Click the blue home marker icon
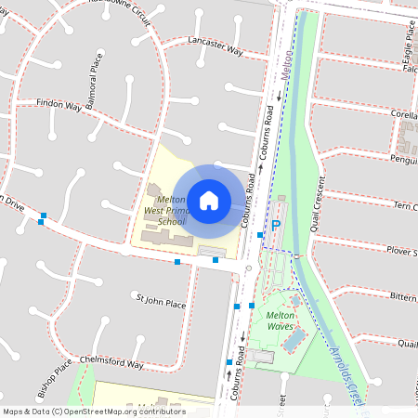point(209,199)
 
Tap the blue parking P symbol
point(275,226)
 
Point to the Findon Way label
point(58,105)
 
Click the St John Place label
point(161,302)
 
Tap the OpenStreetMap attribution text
point(94,411)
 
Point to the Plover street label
point(401,251)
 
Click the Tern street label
point(406,205)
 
